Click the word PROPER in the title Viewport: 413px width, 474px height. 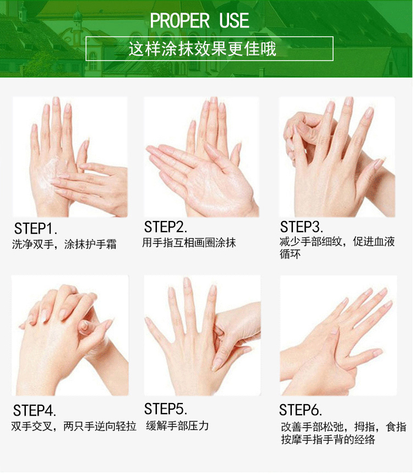pyautogui.click(x=180, y=20)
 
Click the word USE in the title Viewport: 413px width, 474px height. pyautogui.click(x=234, y=20)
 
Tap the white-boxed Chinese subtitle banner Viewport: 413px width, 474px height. pyautogui.click(x=209, y=49)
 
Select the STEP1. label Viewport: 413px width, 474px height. pyautogui.click(x=36, y=229)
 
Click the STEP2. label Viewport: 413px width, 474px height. pyautogui.click(x=166, y=227)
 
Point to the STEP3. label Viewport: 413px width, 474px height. pyautogui.click(x=302, y=227)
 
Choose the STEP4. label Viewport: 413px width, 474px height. pyautogui.click(x=35, y=411)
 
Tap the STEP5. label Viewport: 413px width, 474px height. pyautogui.click(x=166, y=409)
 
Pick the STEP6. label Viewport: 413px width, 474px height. pyautogui.click(x=300, y=410)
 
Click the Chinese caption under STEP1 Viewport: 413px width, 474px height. pyautogui.click(x=64, y=244)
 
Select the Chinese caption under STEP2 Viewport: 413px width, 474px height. pyautogui.click(x=189, y=242)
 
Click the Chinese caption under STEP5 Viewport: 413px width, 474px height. pyautogui.click(x=177, y=426)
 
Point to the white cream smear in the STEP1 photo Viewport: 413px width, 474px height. pyautogui.click(x=53, y=174)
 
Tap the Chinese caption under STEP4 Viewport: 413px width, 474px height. pyautogui.click(x=74, y=426)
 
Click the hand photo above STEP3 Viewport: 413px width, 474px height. pyautogui.click(x=337, y=157)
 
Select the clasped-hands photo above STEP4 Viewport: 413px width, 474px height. pyautogui.click(x=70, y=335)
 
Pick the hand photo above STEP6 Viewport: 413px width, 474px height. pyautogui.click(x=339, y=335)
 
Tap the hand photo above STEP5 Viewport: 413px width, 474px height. pyautogui.click(x=202, y=335)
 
